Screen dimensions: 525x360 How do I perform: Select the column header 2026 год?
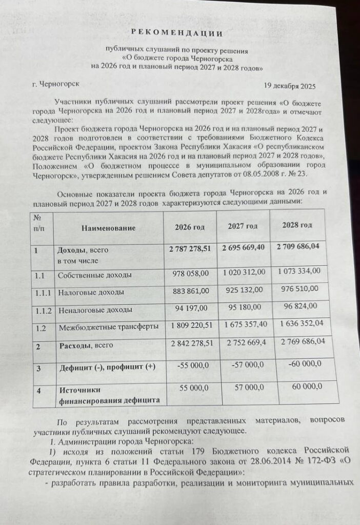point(190,227)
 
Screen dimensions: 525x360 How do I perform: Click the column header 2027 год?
point(243,226)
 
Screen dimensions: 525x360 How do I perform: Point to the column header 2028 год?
point(297,225)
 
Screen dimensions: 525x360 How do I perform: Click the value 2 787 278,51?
point(190,248)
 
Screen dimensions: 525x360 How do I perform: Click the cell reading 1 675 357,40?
point(244,326)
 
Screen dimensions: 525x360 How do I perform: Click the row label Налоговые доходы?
point(91,292)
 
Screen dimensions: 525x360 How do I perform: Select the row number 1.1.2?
point(42,310)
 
